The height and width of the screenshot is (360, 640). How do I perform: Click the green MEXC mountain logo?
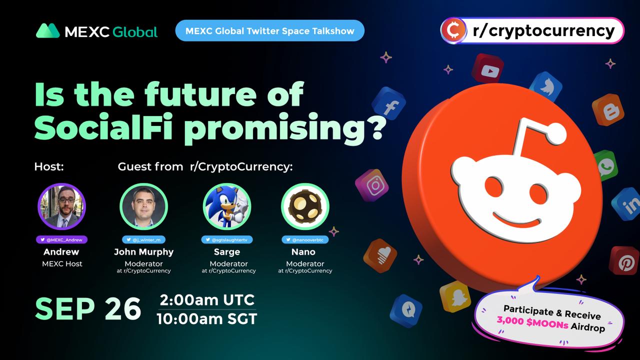click(47, 30)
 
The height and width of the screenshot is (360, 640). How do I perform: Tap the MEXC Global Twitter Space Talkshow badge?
click(269, 30)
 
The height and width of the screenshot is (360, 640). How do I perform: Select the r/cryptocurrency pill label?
click(532, 30)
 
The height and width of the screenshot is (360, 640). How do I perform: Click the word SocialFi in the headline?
click(103, 125)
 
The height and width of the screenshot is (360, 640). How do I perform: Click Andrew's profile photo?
click(61, 206)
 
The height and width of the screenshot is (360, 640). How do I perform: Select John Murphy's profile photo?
click(143, 206)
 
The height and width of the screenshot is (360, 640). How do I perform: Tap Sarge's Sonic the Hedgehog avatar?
click(227, 206)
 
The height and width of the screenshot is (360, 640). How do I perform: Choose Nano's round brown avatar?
click(305, 206)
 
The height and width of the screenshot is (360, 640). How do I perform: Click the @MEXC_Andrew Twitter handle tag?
click(61, 239)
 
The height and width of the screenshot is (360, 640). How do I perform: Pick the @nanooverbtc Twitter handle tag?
click(305, 239)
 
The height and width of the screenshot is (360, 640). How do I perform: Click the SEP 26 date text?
click(88, 309)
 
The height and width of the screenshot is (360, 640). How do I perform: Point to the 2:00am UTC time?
click(207, 300)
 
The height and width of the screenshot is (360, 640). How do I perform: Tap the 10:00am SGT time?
click(207, 319)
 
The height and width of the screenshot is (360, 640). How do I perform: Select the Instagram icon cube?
click(372, 185)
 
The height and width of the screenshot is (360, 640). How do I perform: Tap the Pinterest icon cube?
click(625, 261)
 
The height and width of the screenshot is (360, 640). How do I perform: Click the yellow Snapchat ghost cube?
click(455, 296)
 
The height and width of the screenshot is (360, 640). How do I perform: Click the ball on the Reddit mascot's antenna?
click(556, 134)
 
